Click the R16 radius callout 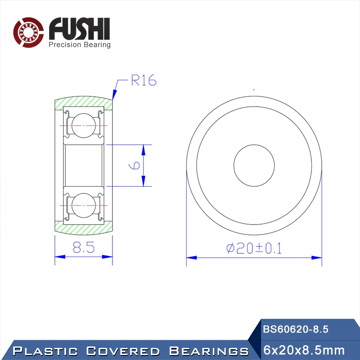click(x=144, y=80)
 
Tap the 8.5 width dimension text click(x=84, y=247)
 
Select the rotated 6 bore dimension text click(x=134, y=165)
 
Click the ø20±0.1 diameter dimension click(x=254, y=248)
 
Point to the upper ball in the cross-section click(x=84, y=126)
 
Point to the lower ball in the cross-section click(x=84, y=205)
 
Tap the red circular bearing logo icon click(x=28, y=32)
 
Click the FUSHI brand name click(x=80, y=28)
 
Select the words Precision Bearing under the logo click(x=80, y=45)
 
